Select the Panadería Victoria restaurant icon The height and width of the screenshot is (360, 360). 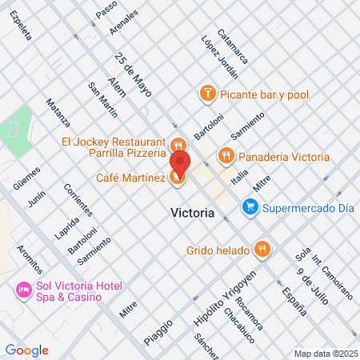[226, 156]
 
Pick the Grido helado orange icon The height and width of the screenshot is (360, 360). [260, 250]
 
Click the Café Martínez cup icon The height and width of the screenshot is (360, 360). [178, 178]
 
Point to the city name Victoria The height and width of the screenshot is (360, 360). [193, 214]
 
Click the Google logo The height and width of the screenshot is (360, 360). [27, 350]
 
